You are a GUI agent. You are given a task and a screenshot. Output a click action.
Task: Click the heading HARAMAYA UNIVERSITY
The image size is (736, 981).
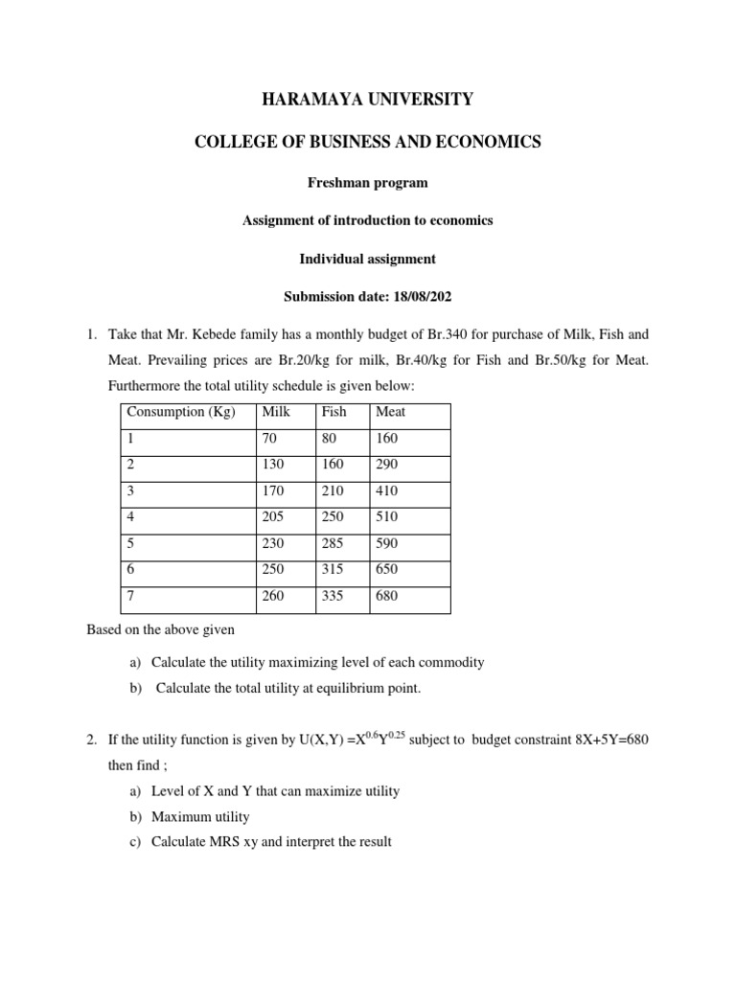pyautogui.click(x=368, y=99)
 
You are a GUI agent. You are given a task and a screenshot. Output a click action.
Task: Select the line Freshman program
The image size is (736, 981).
pyautogui.click(x=368, y=182)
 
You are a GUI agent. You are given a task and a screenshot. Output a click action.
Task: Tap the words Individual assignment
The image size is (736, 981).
pyautogui.click(x=368, y=259)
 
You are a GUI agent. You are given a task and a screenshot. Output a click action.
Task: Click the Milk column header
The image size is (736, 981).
pyautogui.click(x=276, y=412)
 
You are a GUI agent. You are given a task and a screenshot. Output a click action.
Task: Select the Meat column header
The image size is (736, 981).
pyautogui.click(x=391, y=412)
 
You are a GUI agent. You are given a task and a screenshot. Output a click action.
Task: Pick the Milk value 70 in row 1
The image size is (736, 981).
pyautogui.click(x=269, y=438)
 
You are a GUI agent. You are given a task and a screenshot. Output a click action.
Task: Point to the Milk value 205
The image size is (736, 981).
pyautogui.click(x=273, y=517)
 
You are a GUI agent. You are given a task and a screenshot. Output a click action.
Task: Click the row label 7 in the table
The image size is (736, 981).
pyautogui.click(x=130, y=596)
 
